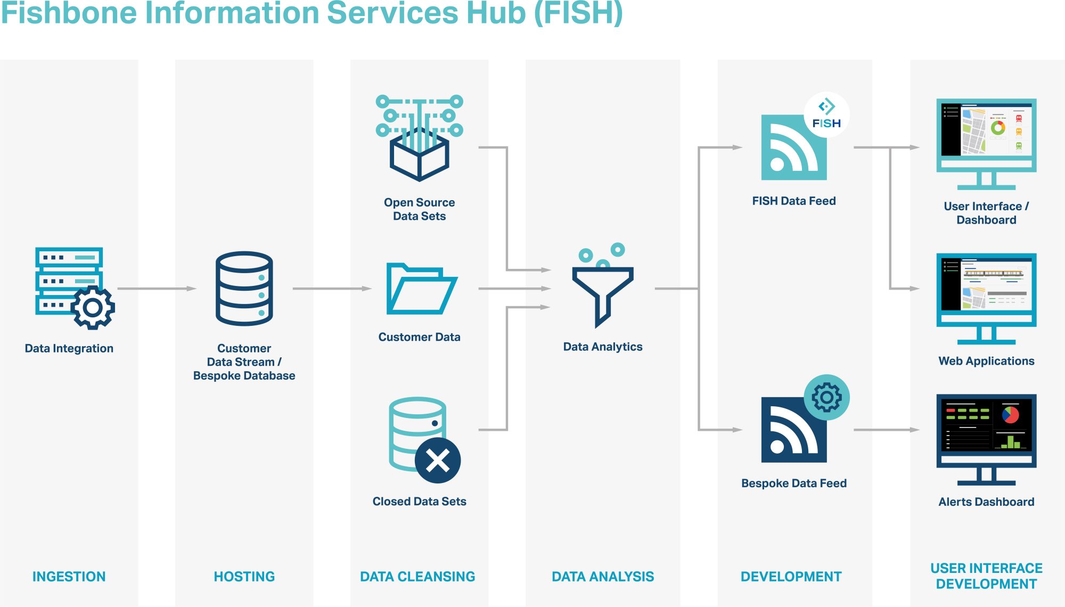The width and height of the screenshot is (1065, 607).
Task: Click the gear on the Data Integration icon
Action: tap(93, 307)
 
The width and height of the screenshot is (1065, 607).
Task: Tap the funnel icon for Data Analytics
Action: tap(602, 293)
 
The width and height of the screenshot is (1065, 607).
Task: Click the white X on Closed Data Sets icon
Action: tap(438, 461)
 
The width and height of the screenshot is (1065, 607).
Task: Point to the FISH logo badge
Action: tap(826, 114)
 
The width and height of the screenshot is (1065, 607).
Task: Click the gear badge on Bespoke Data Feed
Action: tap(826, 397)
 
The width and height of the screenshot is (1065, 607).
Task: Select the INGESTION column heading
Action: tap(69, 577)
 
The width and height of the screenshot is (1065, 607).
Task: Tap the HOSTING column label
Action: tap(244, 577)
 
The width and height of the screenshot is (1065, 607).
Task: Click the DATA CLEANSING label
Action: tap(417, 577)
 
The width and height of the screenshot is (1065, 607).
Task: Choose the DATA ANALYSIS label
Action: tap(603, 577)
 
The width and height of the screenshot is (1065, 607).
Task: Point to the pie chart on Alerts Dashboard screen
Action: tap(1010, 414)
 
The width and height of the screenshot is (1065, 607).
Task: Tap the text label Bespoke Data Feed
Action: tap(793, 483)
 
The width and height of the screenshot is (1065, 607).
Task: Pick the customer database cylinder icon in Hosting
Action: tap(244, 289)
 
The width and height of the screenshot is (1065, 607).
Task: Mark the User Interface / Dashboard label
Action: tap(986, 213)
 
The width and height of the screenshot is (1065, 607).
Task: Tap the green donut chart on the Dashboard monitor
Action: tap(998, 128)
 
